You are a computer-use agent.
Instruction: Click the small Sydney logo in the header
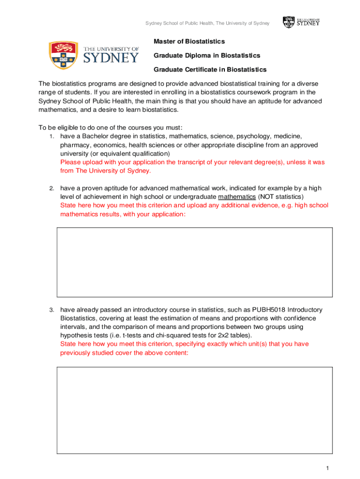coord(301,22)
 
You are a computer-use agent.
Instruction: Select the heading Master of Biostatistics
coord(189,42)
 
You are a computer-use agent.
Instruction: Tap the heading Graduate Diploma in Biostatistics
coord(207,56)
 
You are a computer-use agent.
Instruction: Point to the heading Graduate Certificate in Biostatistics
coord(210,70)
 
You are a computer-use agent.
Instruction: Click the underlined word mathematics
coord(237,196)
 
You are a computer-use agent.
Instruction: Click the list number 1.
coord(52,137)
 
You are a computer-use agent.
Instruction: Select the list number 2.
coord(52,189)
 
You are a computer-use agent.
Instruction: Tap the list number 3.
coord(52,310)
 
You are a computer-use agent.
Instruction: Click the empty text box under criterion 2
coord(194,262)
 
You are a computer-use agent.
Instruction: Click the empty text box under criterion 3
coord(194,410)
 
